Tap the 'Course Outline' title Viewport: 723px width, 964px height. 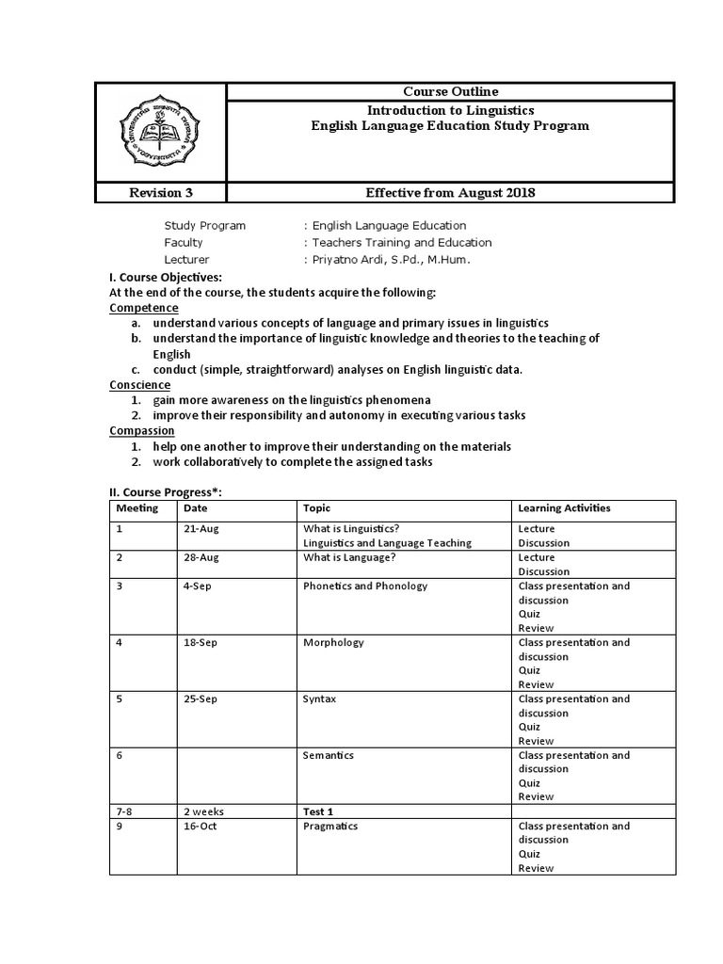pyautogui.click(x=450, y=91)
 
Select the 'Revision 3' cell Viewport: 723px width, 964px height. pyautogui.click(x=160, y=193)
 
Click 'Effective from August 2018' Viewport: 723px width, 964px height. pyautogui.click(x=450, y=193)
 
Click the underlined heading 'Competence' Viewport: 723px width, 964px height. pyautogui.click(x=144, y=308)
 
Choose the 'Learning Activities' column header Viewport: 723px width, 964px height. pyautogui.click(x=564, y=507)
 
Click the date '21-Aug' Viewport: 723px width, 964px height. pyautogui.click(x=202, y=528)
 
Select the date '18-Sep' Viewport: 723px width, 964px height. pyautogui.click(x=202, y=642)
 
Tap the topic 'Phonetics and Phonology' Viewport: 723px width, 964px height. pyautogui.click(x=365, y=586)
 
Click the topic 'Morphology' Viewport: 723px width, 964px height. pyautogui.click(x=333, y=642)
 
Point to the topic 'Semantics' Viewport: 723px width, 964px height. pyautogui.click(x=329, y=755)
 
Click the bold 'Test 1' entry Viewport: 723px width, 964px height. pyautogui.click(x=319, y=811)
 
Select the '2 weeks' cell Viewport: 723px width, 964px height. pyautogui.click(x=204, y=811)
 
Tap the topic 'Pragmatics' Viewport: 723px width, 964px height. pyautogui.click(x=330, y=826)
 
